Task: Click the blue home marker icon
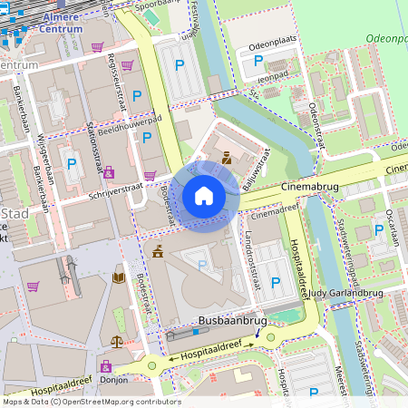(x=204, y=196)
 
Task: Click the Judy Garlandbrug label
(x=346, y=294)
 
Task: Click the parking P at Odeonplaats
(x=259, y=62)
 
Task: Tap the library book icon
(x=118, y=277)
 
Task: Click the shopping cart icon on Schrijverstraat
(x=150, y=176)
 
